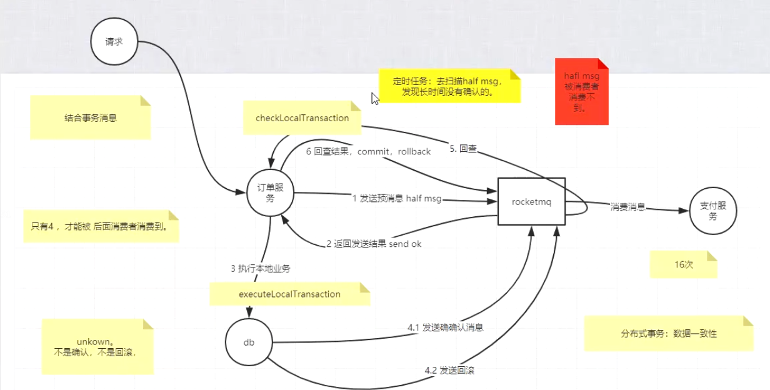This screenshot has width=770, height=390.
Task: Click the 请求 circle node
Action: [113, 42]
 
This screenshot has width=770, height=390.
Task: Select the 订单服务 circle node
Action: [270, 193]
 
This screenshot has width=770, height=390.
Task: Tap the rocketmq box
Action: [531, 201]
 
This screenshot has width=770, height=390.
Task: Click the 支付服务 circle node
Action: [713, 211]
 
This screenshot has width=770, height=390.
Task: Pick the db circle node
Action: [249, 342]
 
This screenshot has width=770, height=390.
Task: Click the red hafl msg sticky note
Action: [581, 91]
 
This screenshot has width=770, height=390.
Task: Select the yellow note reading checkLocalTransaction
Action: [302, 118]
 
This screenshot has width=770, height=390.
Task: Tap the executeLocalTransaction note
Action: [289, 294]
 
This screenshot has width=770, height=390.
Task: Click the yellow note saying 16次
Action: [683, 264]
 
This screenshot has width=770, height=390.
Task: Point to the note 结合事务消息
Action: [90, 117]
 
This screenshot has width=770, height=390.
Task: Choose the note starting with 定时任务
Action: [449, 86]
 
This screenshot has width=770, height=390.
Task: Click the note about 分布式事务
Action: [668, 334]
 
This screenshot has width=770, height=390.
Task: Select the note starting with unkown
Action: [97, 347]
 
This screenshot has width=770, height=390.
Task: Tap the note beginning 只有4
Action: [100, 226]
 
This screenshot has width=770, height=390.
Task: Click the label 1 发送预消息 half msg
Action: [397, 199]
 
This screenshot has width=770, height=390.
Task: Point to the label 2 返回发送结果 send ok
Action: [374, 244]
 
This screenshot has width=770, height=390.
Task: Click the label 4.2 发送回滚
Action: [449, 371]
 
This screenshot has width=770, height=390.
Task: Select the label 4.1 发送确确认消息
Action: [445, 327]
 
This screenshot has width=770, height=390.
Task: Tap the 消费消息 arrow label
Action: [627, 207]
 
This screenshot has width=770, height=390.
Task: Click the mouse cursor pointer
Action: [374, 98]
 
